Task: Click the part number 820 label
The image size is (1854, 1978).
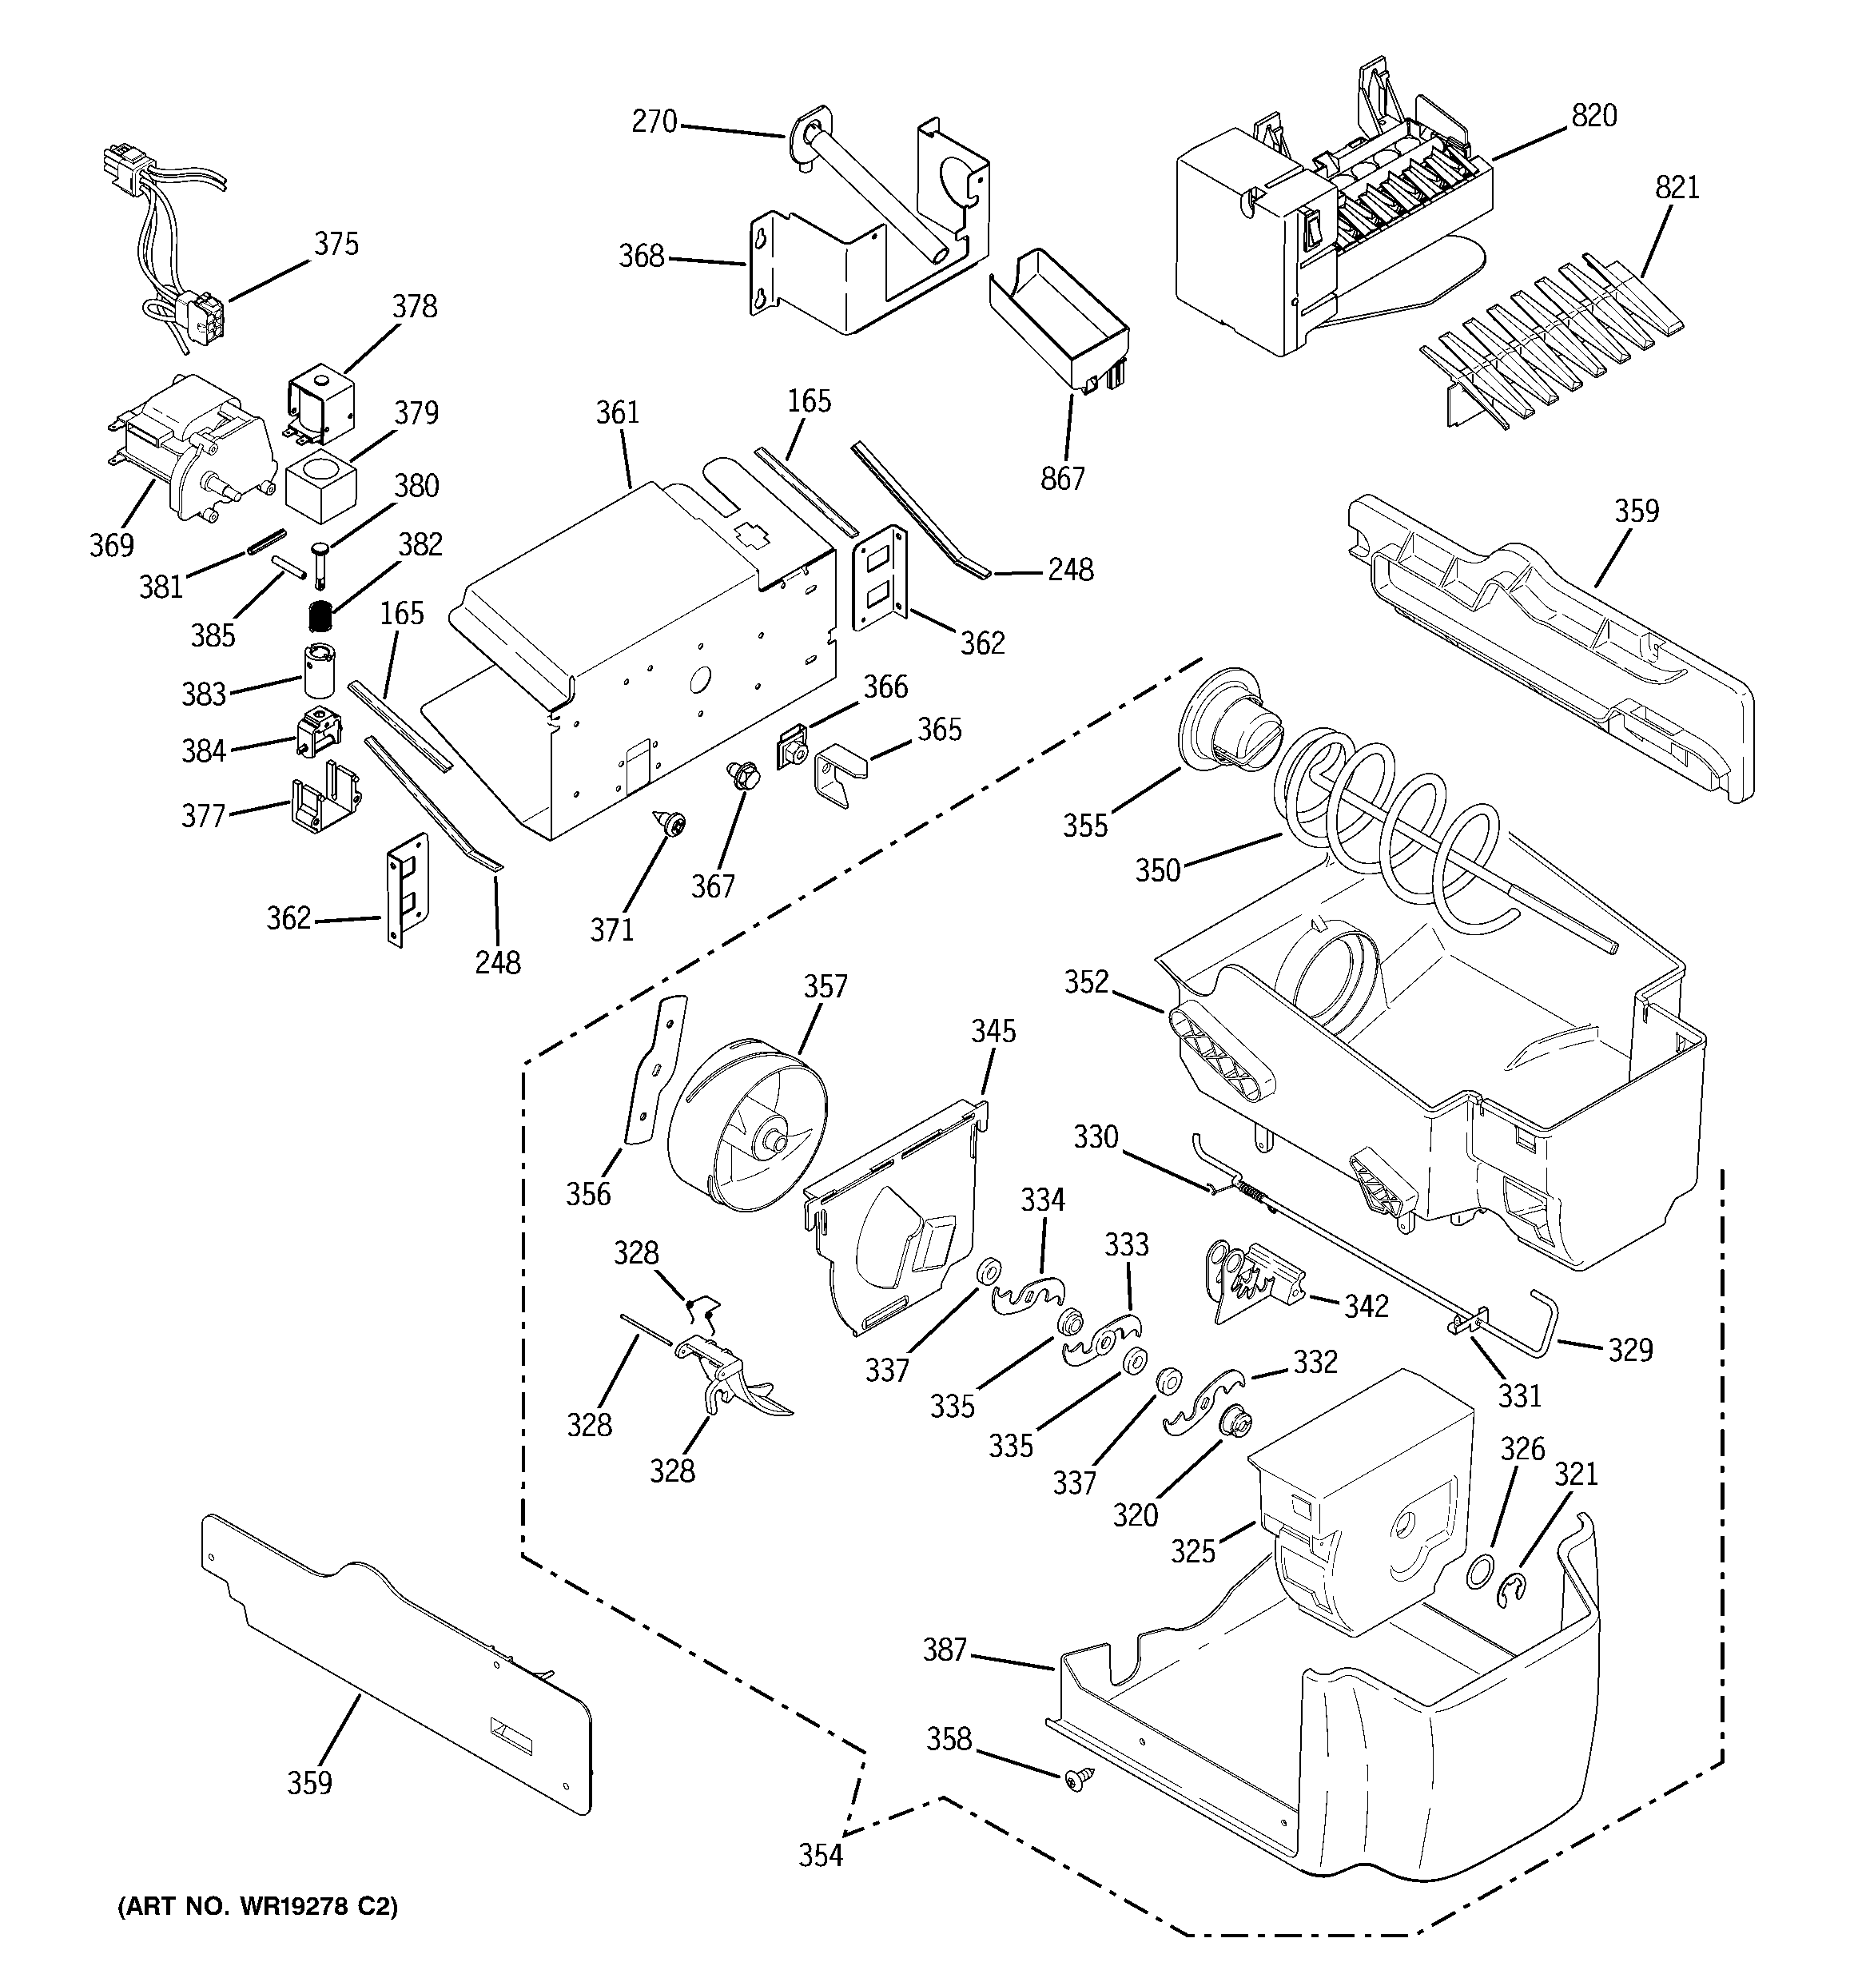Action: coord(1593,117)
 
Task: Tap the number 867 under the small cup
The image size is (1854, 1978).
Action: coord(1062,480)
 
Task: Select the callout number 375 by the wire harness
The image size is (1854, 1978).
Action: coord(336,244)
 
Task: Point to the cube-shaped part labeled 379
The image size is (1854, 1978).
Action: coord(320,488)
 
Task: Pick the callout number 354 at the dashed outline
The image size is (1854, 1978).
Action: coord(820,1856)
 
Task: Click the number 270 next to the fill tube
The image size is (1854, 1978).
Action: coord(654,122)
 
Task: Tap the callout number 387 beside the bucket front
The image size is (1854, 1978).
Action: coord(945,1650)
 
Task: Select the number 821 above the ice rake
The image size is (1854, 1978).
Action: coord(1677,187)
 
